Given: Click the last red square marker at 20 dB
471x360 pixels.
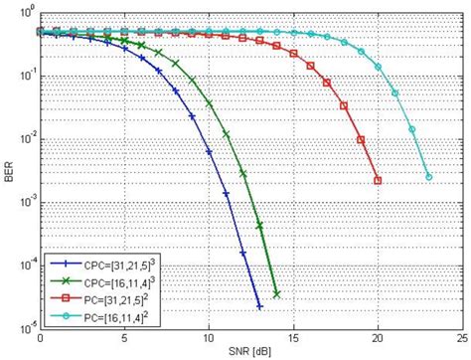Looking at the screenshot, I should (x=378, y=180).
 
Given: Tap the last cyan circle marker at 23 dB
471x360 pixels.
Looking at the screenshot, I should (x=428, y=177).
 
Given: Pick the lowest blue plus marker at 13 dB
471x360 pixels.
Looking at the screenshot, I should (x=259, y=305).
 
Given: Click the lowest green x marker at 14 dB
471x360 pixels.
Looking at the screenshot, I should (x=276, y=294).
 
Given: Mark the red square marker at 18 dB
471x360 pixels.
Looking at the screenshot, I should (x=344, y=106).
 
